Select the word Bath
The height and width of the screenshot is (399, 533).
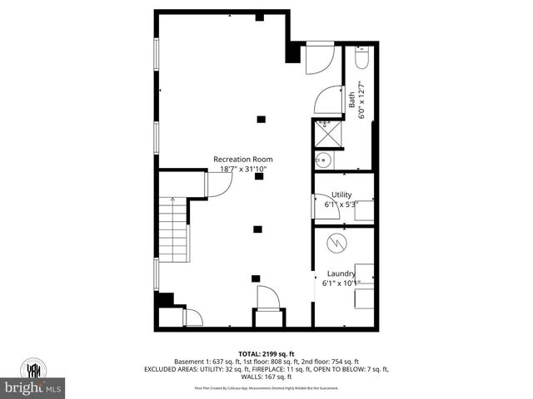(x=351, y=100)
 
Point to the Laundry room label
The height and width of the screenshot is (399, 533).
(x=341, y=273)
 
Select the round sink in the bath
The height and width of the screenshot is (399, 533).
(x=323, y=160)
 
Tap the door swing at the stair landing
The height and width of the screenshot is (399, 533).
(x=218, y=185)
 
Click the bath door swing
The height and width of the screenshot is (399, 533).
(x=328, y=100)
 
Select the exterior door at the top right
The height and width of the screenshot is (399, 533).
(x=319, y=57)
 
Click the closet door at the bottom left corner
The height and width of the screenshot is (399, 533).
(x=192, y=317)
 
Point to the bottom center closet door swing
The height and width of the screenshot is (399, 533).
(x=268, y=298)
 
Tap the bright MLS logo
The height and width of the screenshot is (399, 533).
(x=33, y=387)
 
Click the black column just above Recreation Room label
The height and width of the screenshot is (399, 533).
(x=261, y=119)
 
